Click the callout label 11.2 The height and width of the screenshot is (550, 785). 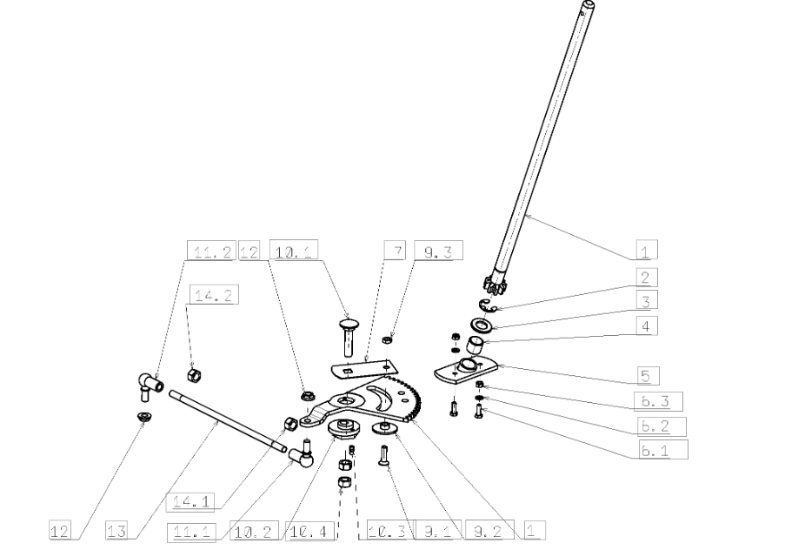[211, 251]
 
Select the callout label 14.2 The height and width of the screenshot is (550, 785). [214, 295]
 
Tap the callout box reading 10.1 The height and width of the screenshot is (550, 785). [294, 250]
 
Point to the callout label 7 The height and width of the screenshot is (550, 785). [395, 250]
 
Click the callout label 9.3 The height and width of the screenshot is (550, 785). [438, 251]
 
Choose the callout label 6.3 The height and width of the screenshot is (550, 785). [658, 401]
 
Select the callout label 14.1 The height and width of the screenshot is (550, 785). [190, 502]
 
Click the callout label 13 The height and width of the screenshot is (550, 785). [116, 531]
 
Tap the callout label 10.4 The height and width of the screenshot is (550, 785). [309, 532]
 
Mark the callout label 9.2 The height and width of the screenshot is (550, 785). [489, 530]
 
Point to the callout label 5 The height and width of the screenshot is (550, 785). [649, 376]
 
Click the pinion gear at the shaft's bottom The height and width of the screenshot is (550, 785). [494, 285]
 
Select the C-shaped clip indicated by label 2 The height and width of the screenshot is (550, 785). [485, 305]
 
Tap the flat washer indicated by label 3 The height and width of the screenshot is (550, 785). [482, 325]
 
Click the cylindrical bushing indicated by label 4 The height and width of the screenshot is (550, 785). [476, 345]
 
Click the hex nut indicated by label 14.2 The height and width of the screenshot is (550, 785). [193, 374]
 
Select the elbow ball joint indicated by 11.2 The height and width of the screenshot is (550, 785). [150, 386]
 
